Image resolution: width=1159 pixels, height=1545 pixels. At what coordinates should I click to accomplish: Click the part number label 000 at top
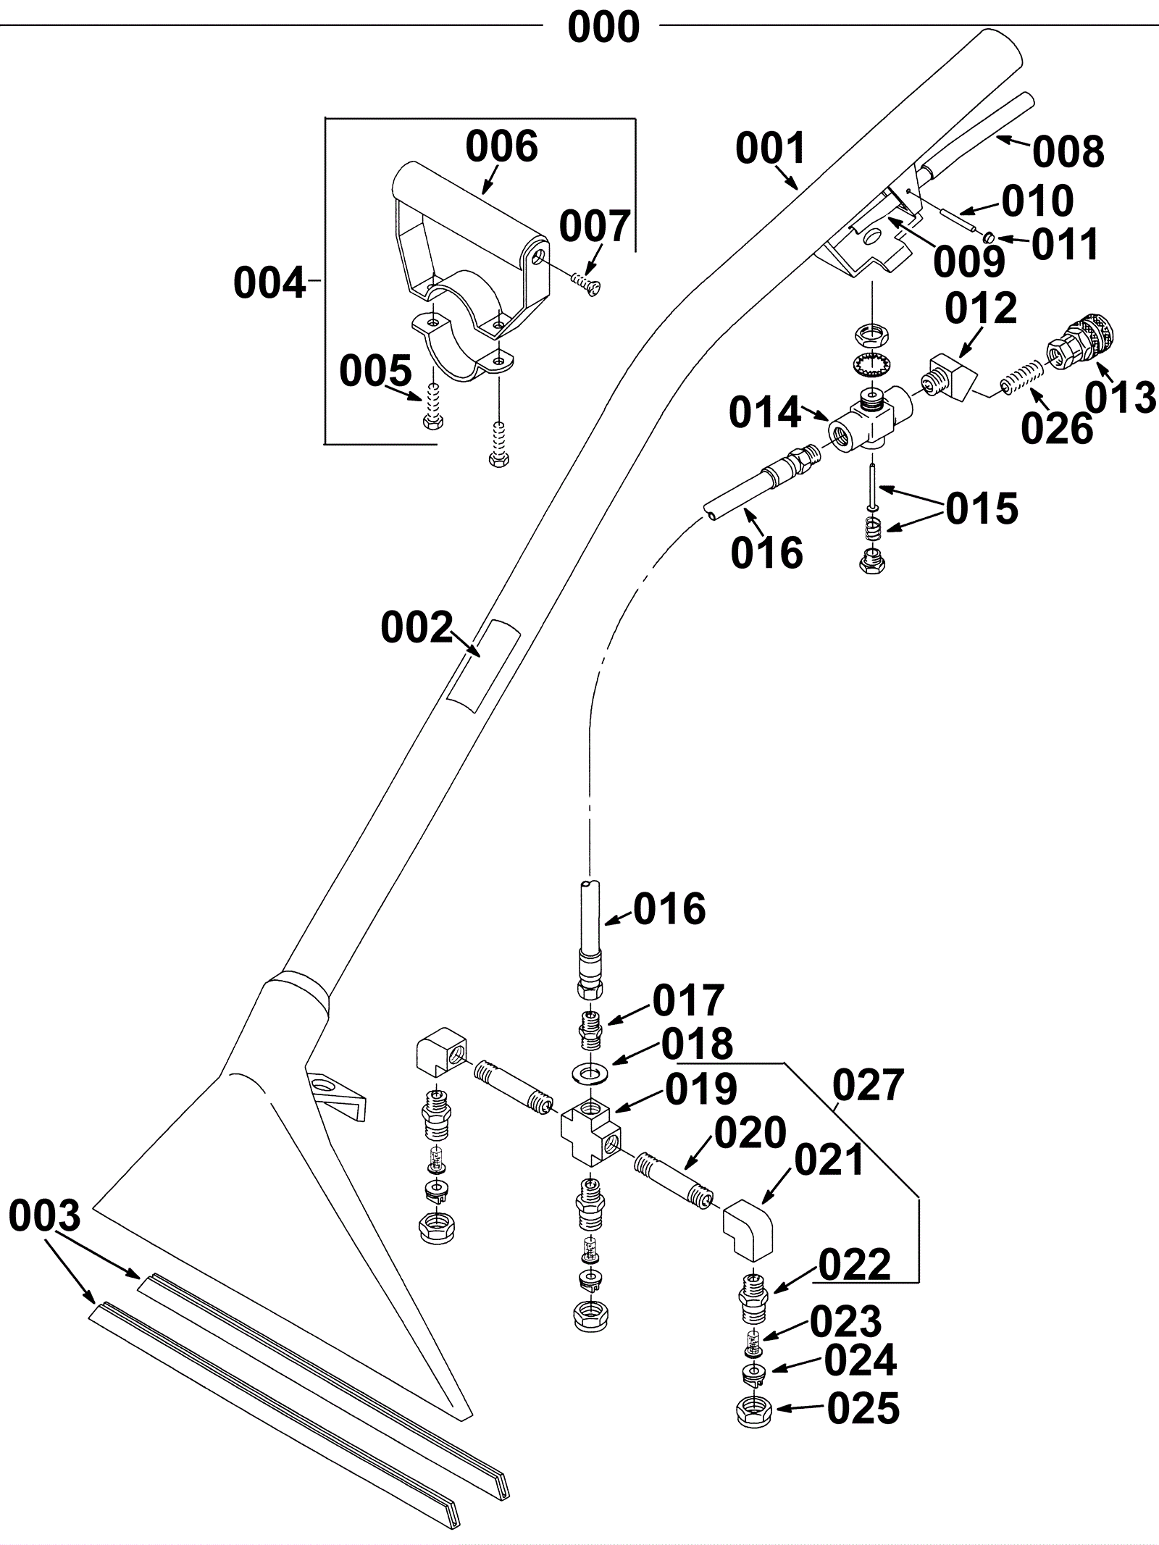603,28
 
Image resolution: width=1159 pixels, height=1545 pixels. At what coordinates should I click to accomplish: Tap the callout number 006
501,147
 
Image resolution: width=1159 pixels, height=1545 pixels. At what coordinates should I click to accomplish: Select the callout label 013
1120,398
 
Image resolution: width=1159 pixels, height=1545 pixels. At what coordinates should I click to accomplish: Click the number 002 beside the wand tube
417,628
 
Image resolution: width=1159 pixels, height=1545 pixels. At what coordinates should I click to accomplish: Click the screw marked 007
587,285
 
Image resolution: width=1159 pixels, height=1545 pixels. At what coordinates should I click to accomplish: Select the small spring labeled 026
1021,380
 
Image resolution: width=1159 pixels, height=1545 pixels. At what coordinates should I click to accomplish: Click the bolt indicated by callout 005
434,409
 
